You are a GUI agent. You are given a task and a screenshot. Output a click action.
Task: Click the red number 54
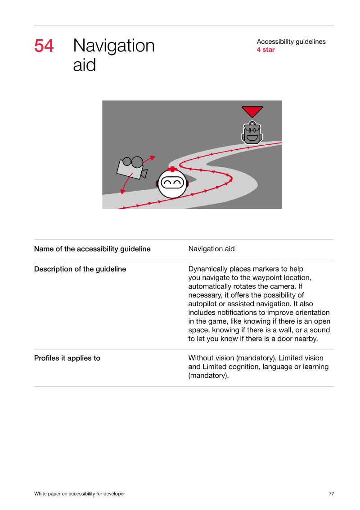pyautogui.click(x=44, y=46)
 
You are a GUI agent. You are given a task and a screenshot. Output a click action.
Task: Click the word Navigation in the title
pyautogui.click(x=113, y=46)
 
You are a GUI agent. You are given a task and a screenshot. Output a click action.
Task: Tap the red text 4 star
pyautogui.click(x=265, y=50)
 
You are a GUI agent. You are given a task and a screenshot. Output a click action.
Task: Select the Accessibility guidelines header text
pyautogui.click(x=291, y=41)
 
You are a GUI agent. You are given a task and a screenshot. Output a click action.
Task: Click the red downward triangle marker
pyautogui.click(x=252, y=111)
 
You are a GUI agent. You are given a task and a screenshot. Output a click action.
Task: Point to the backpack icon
pyautogui.click(x=252, y=133)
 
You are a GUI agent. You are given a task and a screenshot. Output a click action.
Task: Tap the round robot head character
pyautogui.click(x=172, y=184)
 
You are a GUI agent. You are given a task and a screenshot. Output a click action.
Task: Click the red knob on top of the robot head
pyautogui.click(x=172, y=169)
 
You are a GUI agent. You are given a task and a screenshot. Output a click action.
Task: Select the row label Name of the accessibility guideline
pyautogui.click(x=92, y=249)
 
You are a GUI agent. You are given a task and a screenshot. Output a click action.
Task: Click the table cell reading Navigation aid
pyautogui.click(x=211, y=249)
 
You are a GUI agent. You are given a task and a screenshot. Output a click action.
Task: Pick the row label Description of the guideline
pyautogui.click(x=80, y=269)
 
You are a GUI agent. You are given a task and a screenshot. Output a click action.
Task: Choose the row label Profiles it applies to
pyautogui.click(x=67, y=358)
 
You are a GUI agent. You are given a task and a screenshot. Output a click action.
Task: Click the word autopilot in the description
pyautogui.click(x=202, y=304)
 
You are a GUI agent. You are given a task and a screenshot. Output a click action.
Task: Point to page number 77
pyautogui.click(x=332, y=494)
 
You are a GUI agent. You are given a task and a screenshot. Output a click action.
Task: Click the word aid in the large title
pyautogui.click(x=85, y=65)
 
